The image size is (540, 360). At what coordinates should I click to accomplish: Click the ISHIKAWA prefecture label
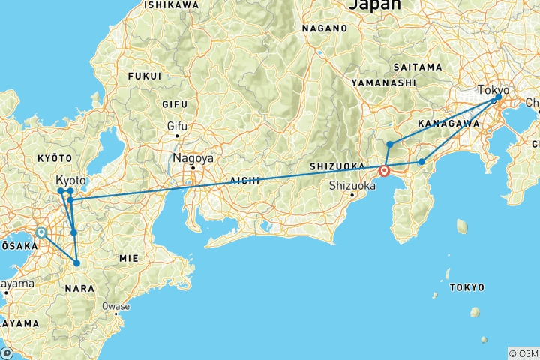172,4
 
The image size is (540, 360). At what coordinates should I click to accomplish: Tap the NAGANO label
325,28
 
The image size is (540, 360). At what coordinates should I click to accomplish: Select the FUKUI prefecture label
145,76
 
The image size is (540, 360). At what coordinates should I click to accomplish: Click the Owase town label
116,306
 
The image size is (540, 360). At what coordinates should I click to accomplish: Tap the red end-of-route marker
385,171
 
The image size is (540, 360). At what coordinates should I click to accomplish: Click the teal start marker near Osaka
41,232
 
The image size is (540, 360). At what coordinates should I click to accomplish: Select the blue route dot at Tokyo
496,98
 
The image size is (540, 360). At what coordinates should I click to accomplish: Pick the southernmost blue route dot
76,263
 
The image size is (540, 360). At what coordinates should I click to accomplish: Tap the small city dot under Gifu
177,136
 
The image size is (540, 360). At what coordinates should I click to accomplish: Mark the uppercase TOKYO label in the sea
466,287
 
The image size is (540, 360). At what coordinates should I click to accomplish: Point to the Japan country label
375,4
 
